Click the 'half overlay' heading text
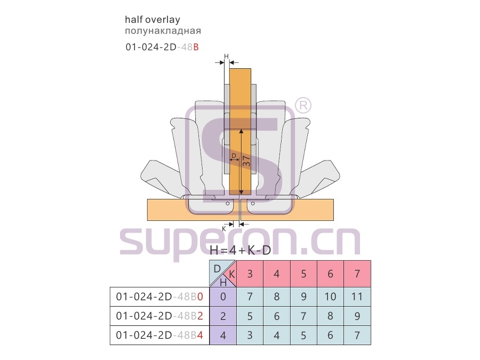click(x=153, y=20)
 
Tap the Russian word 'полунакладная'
click(x=163, y=31)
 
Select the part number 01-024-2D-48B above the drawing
click(x=162, y=47)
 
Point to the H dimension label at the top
click(x=226, y=57)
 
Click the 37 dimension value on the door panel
click(x=246, y=161)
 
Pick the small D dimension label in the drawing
click(x=234, y=156)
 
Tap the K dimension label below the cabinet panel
click(x=224, y=229)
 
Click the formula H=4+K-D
click(x=241, y=251)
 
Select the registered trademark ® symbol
click(x=303, y=106)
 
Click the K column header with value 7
click(x=357, y=274)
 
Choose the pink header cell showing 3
click(x=250, y=274)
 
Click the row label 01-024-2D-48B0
click(x=159, y=297)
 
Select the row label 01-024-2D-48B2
click(x=159, y=316)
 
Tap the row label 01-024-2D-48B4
click(x=159, y=335)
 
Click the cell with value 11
click(x=357, y=297)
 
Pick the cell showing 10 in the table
click(x=330, y=297)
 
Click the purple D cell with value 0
click(x=223, y=297)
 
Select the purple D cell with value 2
click(x=223, y=316)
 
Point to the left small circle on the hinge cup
click(x=227, y=203)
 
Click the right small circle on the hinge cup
click(x=253, y=203)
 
